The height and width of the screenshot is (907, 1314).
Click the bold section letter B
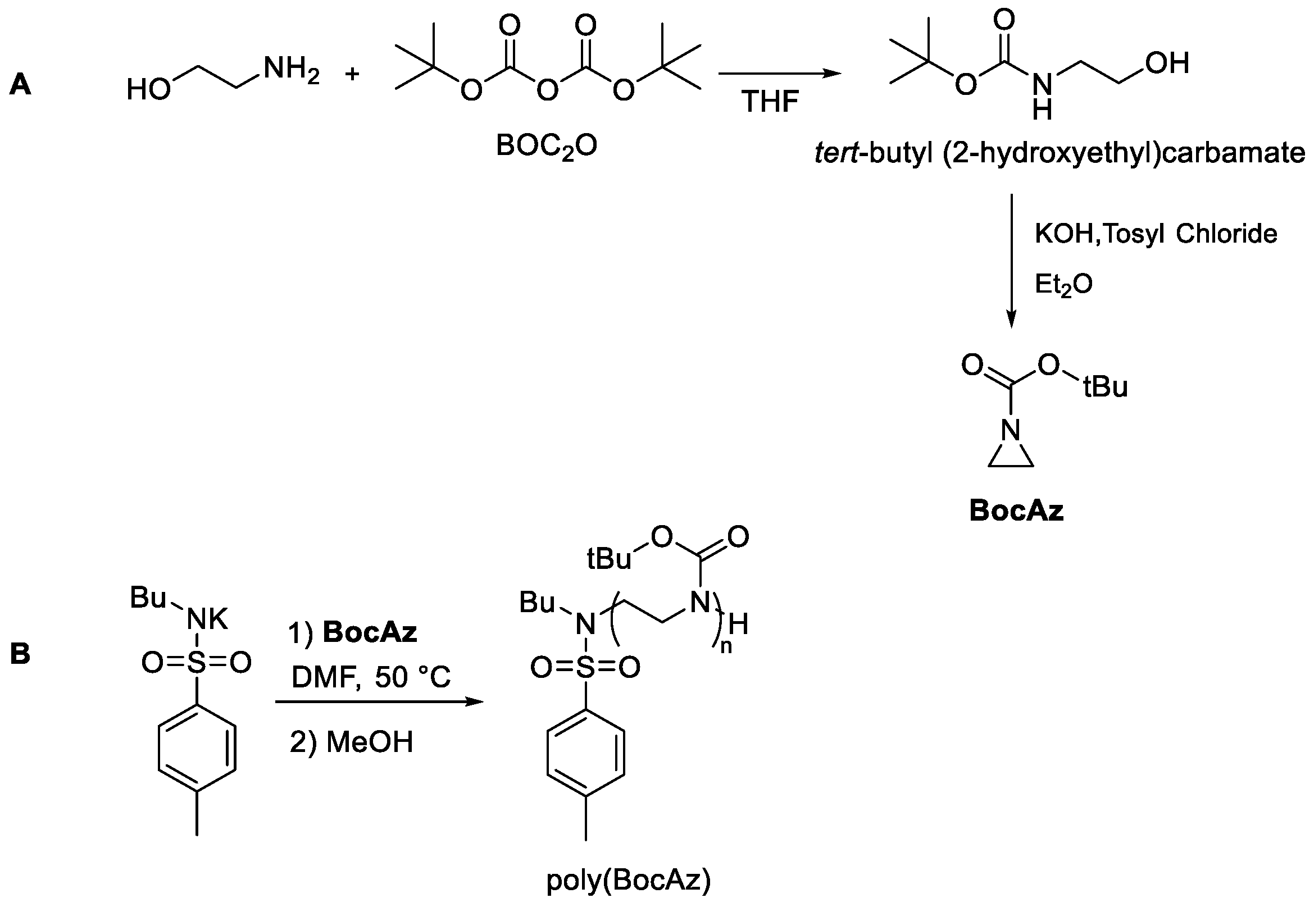click(x=20, y=654)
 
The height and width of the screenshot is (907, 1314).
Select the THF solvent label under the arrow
click(x=770, y=102)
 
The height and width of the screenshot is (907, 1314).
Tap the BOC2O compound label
click(x=546, y=147)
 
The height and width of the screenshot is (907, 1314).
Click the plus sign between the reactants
click(x=352, y=74)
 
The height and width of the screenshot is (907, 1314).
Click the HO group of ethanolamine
click(x=148, y=90)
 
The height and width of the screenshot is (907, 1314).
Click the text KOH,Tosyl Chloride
click(x=1156, y=234)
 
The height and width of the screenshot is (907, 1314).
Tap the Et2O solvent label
click(x=1063, y=284)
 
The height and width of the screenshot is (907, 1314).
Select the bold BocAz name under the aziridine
click(x=1016, y=511)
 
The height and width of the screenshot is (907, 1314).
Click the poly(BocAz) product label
click(x=629, y=880)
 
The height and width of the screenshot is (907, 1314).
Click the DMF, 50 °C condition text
click(x=371, y=677)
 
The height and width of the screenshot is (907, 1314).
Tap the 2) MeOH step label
click(x=351, y=742)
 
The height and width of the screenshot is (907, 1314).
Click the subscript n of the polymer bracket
click(x=726, y=646)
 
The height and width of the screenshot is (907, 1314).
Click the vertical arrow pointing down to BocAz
click(x=1011, y=261)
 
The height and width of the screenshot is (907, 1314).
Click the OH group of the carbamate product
click(x=1167, y=63)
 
